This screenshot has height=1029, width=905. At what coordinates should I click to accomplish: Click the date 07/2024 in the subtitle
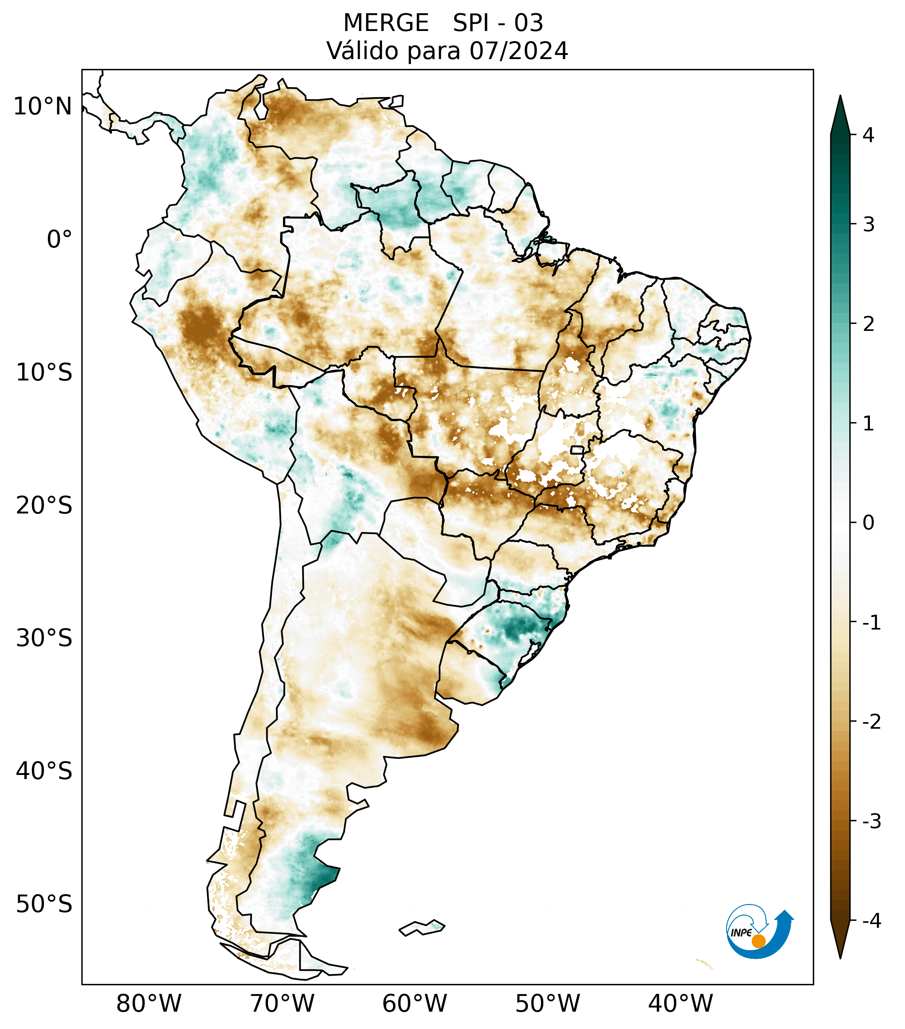pyautogui.click(x=518, y=51)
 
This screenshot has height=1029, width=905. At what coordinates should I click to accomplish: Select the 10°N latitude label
pyautogui.click(x=42, y=107)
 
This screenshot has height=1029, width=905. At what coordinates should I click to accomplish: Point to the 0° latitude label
pyautogui.click(x=59, y=240)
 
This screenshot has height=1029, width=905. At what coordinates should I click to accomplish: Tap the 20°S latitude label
pyautogui.click(x=44, y=506)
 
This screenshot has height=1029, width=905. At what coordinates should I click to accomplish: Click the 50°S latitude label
pyautogui.click(x=44, y=904)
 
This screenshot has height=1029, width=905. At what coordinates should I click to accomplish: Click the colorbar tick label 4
pyautogui.click(x=868, y=135)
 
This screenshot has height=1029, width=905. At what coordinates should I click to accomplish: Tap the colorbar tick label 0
pyautogui.click(x=868, y=523)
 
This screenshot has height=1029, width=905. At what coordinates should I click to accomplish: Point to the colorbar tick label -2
pyautogui.click(x=871, y=722)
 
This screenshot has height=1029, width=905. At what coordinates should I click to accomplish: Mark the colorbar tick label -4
pyautogui.click(x=871, y=921)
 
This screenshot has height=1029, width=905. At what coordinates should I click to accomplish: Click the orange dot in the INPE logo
pyautogui.click(x=758, y=941)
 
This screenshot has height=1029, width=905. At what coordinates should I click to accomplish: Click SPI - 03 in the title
pyautogui.click(x=498, y=23)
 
